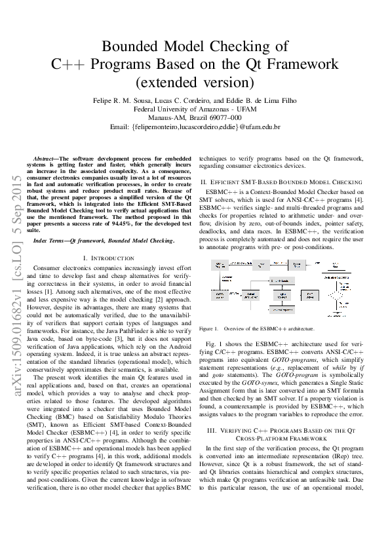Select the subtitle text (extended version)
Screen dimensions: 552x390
(x=195, y=82)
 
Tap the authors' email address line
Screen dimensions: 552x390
(x=195, y=126)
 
